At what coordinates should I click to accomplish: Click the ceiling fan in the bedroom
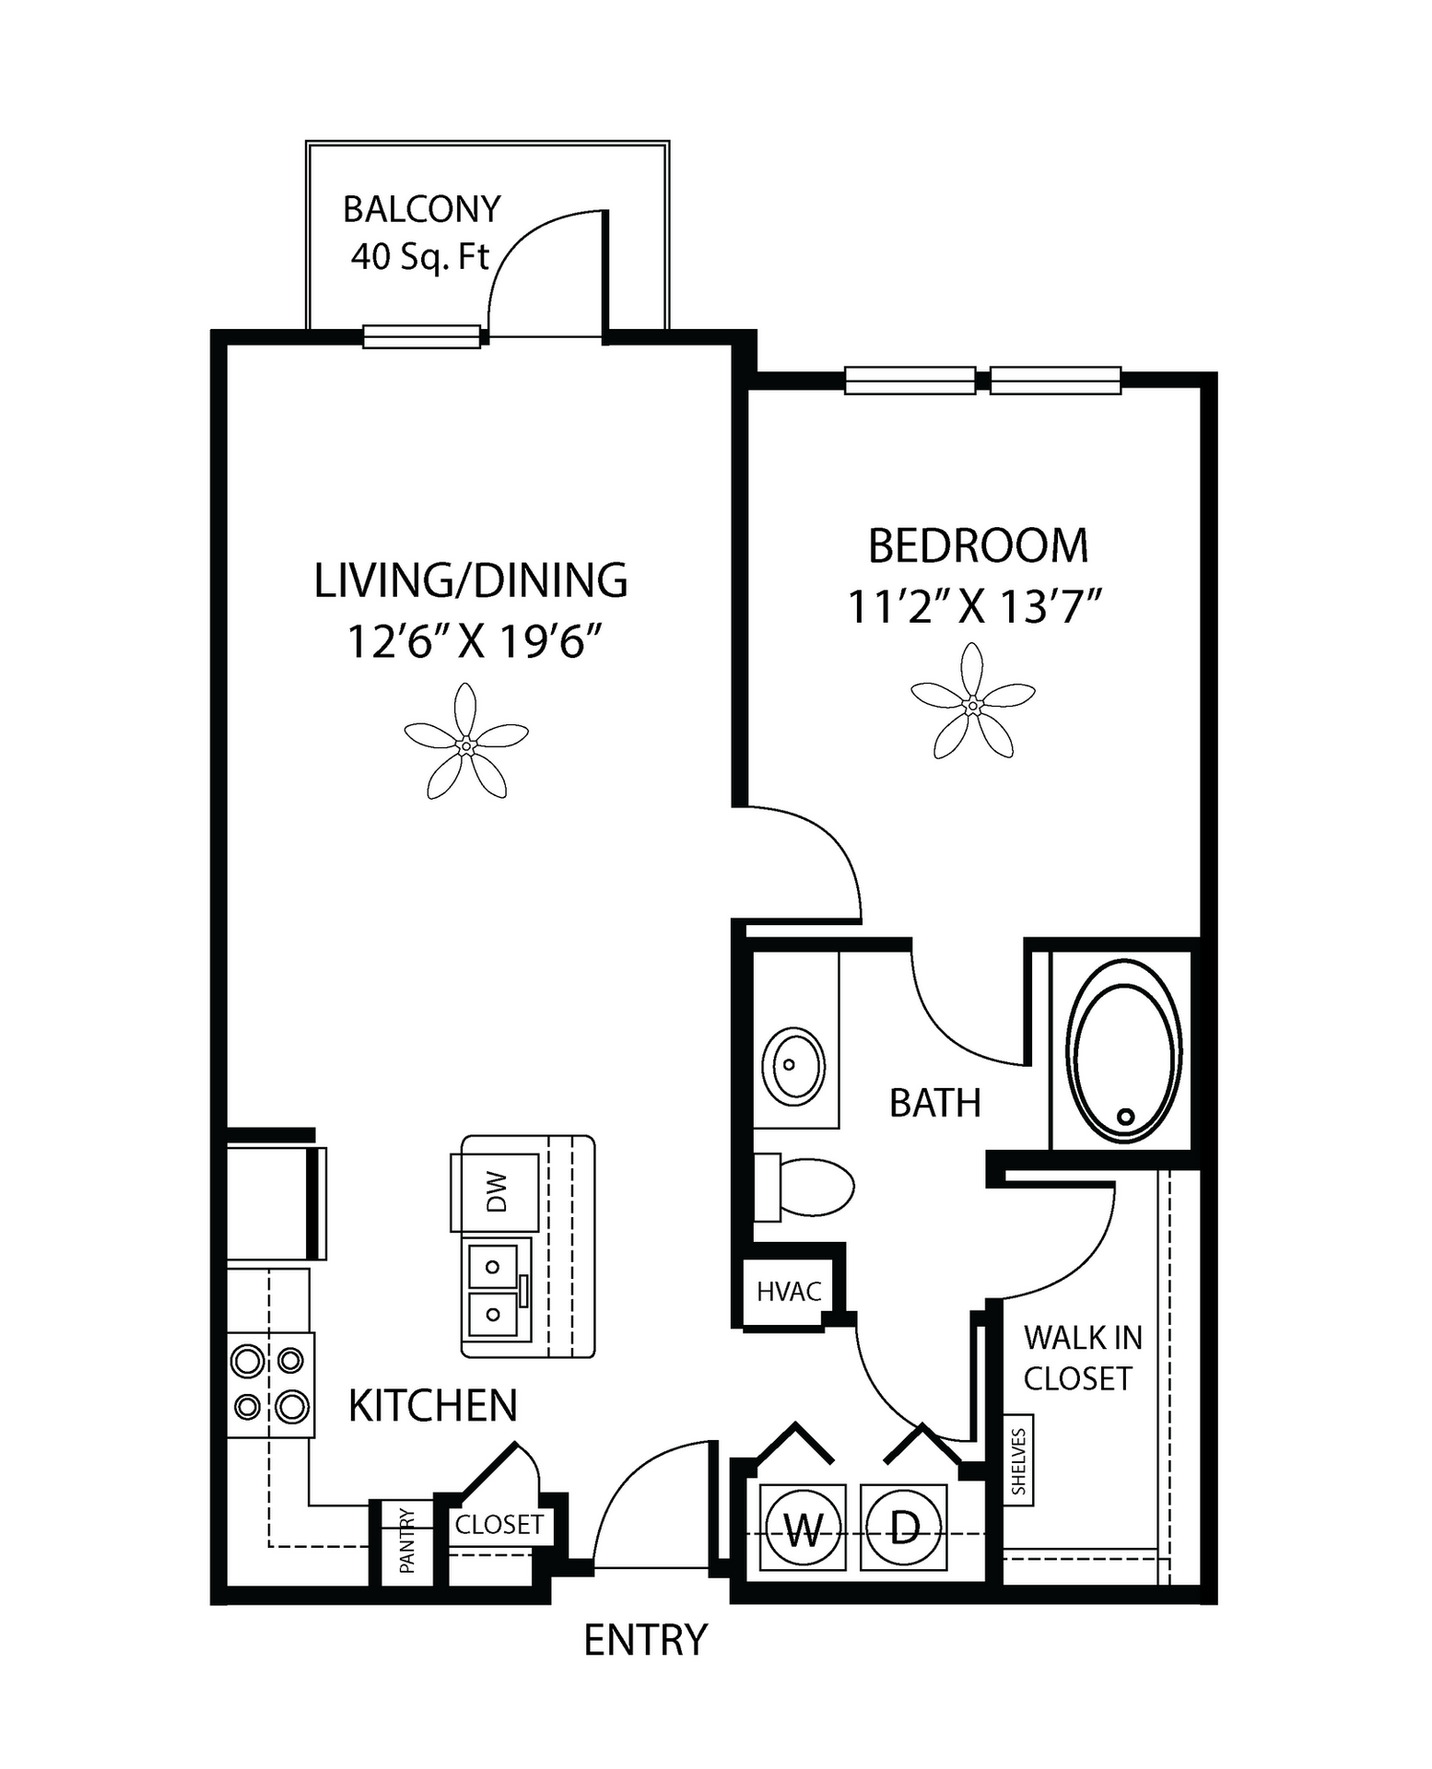pos(972,705)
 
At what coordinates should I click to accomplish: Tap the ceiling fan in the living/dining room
pos(466,744)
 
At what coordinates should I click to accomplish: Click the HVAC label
pos(789,1292)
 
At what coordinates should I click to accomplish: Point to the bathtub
pos(1124,1051)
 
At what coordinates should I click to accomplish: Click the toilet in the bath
pos(804,1187)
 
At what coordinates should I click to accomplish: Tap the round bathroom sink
pos(793,1066)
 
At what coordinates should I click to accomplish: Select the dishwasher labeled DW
pos(495,1192)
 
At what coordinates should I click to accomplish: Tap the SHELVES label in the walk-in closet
pos(1018,1461)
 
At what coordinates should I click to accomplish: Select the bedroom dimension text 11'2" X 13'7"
pos(975,608)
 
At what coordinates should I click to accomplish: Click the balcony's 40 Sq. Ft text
pos(419,256)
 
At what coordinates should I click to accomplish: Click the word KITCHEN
pos(433,1406)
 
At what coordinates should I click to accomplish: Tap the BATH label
pos(935,1103)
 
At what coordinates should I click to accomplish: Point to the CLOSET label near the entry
pos(499,1525)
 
